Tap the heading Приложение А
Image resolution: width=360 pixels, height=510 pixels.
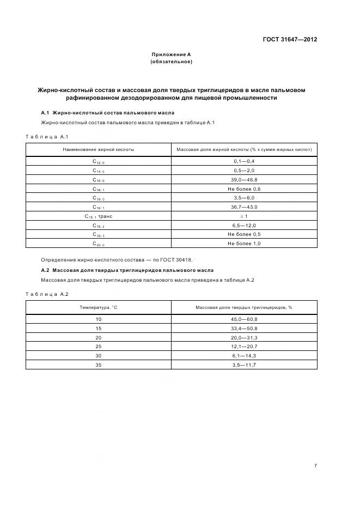tap(171, 54)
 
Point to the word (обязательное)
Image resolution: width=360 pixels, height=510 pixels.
tap(171, 62)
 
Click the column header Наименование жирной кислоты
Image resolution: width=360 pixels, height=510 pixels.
tap(99, 149)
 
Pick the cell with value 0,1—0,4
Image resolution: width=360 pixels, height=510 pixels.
tap(244, 161)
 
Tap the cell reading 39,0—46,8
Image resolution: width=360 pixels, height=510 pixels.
tap(244, 180)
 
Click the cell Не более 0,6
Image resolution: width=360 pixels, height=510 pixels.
tap(244, 189)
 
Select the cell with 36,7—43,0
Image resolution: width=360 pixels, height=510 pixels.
tap(244, 207)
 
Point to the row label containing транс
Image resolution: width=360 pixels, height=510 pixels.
tap(99, 216)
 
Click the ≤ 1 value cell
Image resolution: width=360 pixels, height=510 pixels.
tap(244, 216)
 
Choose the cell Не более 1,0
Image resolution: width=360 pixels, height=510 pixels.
tap(244, 244)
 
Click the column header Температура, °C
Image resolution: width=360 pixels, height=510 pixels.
tap(99, 307)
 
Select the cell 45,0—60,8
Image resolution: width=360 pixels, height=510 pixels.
tap(244, 319)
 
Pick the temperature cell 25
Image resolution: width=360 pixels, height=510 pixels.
tap(99, 347)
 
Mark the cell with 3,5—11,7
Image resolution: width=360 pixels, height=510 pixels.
tap(244, 365)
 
